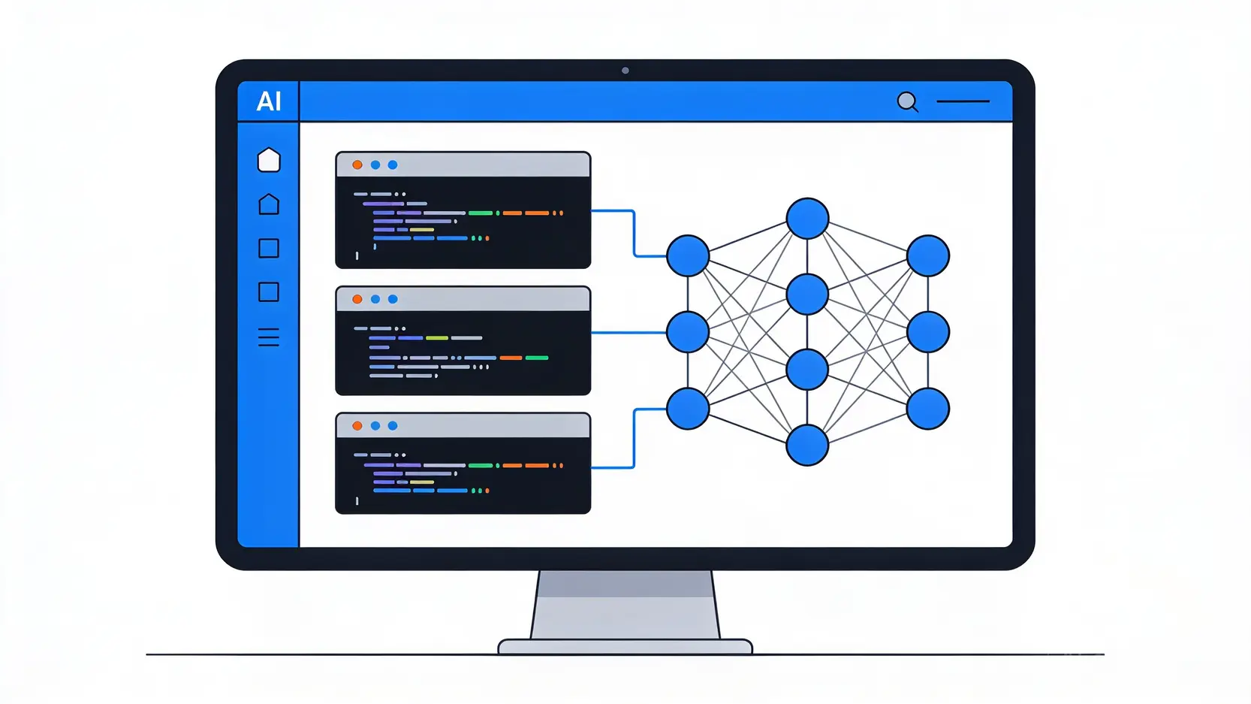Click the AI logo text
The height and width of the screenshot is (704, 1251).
[269, 101]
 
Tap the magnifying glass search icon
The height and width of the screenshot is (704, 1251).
[908, 102]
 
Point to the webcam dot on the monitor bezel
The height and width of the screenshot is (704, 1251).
[625, 71]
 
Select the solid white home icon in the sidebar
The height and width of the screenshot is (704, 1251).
[269, 160]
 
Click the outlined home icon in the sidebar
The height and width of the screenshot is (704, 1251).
[269, 204]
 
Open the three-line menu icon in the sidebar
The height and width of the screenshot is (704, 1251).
[269, 337]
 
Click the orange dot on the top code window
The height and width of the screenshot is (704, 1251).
[357, 165]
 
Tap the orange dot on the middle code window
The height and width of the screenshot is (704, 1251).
[357, 299]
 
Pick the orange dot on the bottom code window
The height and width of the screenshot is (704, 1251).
[357, 426]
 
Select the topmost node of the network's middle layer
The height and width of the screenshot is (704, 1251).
[807, 219]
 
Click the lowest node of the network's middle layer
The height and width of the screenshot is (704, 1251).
[807, 446]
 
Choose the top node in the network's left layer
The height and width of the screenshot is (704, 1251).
[688, 256]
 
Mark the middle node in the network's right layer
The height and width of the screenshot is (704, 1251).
[928, 332]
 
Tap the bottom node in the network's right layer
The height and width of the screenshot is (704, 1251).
[928, 409]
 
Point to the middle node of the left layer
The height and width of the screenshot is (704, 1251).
[688, 332]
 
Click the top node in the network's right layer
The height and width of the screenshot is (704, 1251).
[928, 256]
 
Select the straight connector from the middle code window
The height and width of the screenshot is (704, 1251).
[629, 332]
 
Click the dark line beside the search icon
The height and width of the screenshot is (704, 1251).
[963, 101]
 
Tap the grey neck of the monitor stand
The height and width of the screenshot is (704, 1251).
[625, 605]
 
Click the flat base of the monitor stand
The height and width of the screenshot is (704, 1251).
[625, 646]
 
